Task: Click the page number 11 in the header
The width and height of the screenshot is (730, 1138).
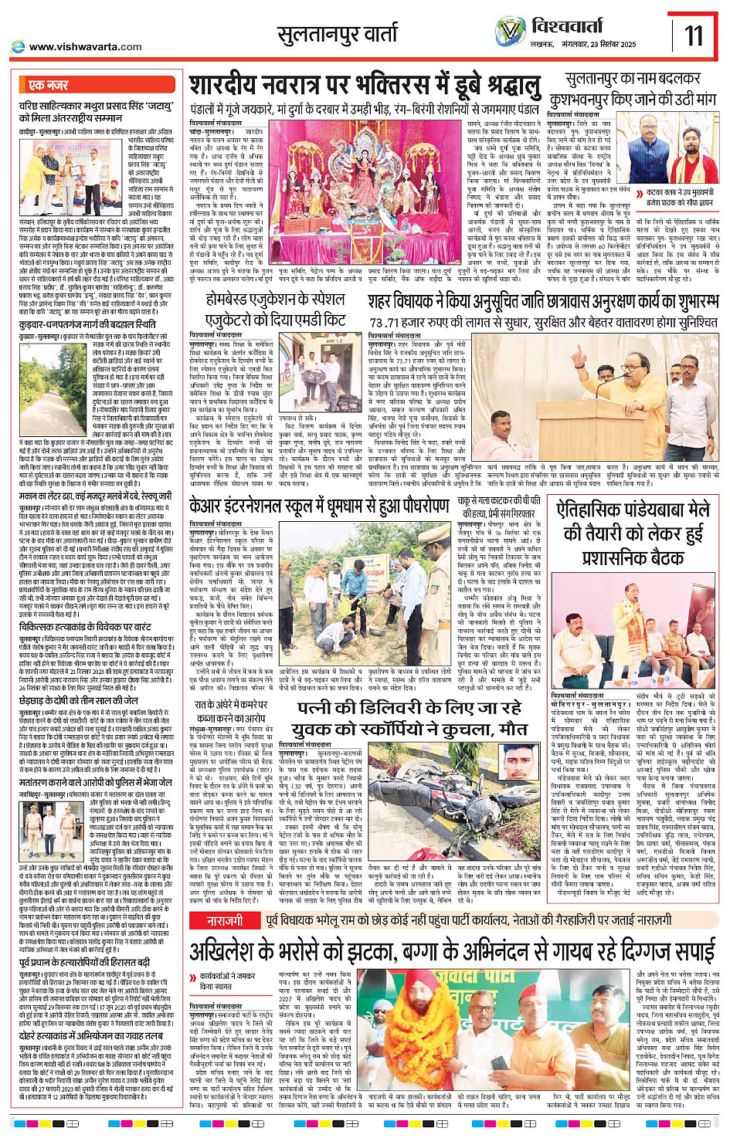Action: point(693,35)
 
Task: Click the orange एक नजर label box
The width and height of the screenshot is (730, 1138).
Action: point(48,84)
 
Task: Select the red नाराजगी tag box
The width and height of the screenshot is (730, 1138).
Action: point(224,899)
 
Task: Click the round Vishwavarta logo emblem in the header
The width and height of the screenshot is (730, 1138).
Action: point(510,31)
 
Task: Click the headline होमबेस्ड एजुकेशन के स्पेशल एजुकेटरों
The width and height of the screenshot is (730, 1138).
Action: point(275,309)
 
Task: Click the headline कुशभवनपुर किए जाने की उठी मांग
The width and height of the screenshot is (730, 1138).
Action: point(632,100)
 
